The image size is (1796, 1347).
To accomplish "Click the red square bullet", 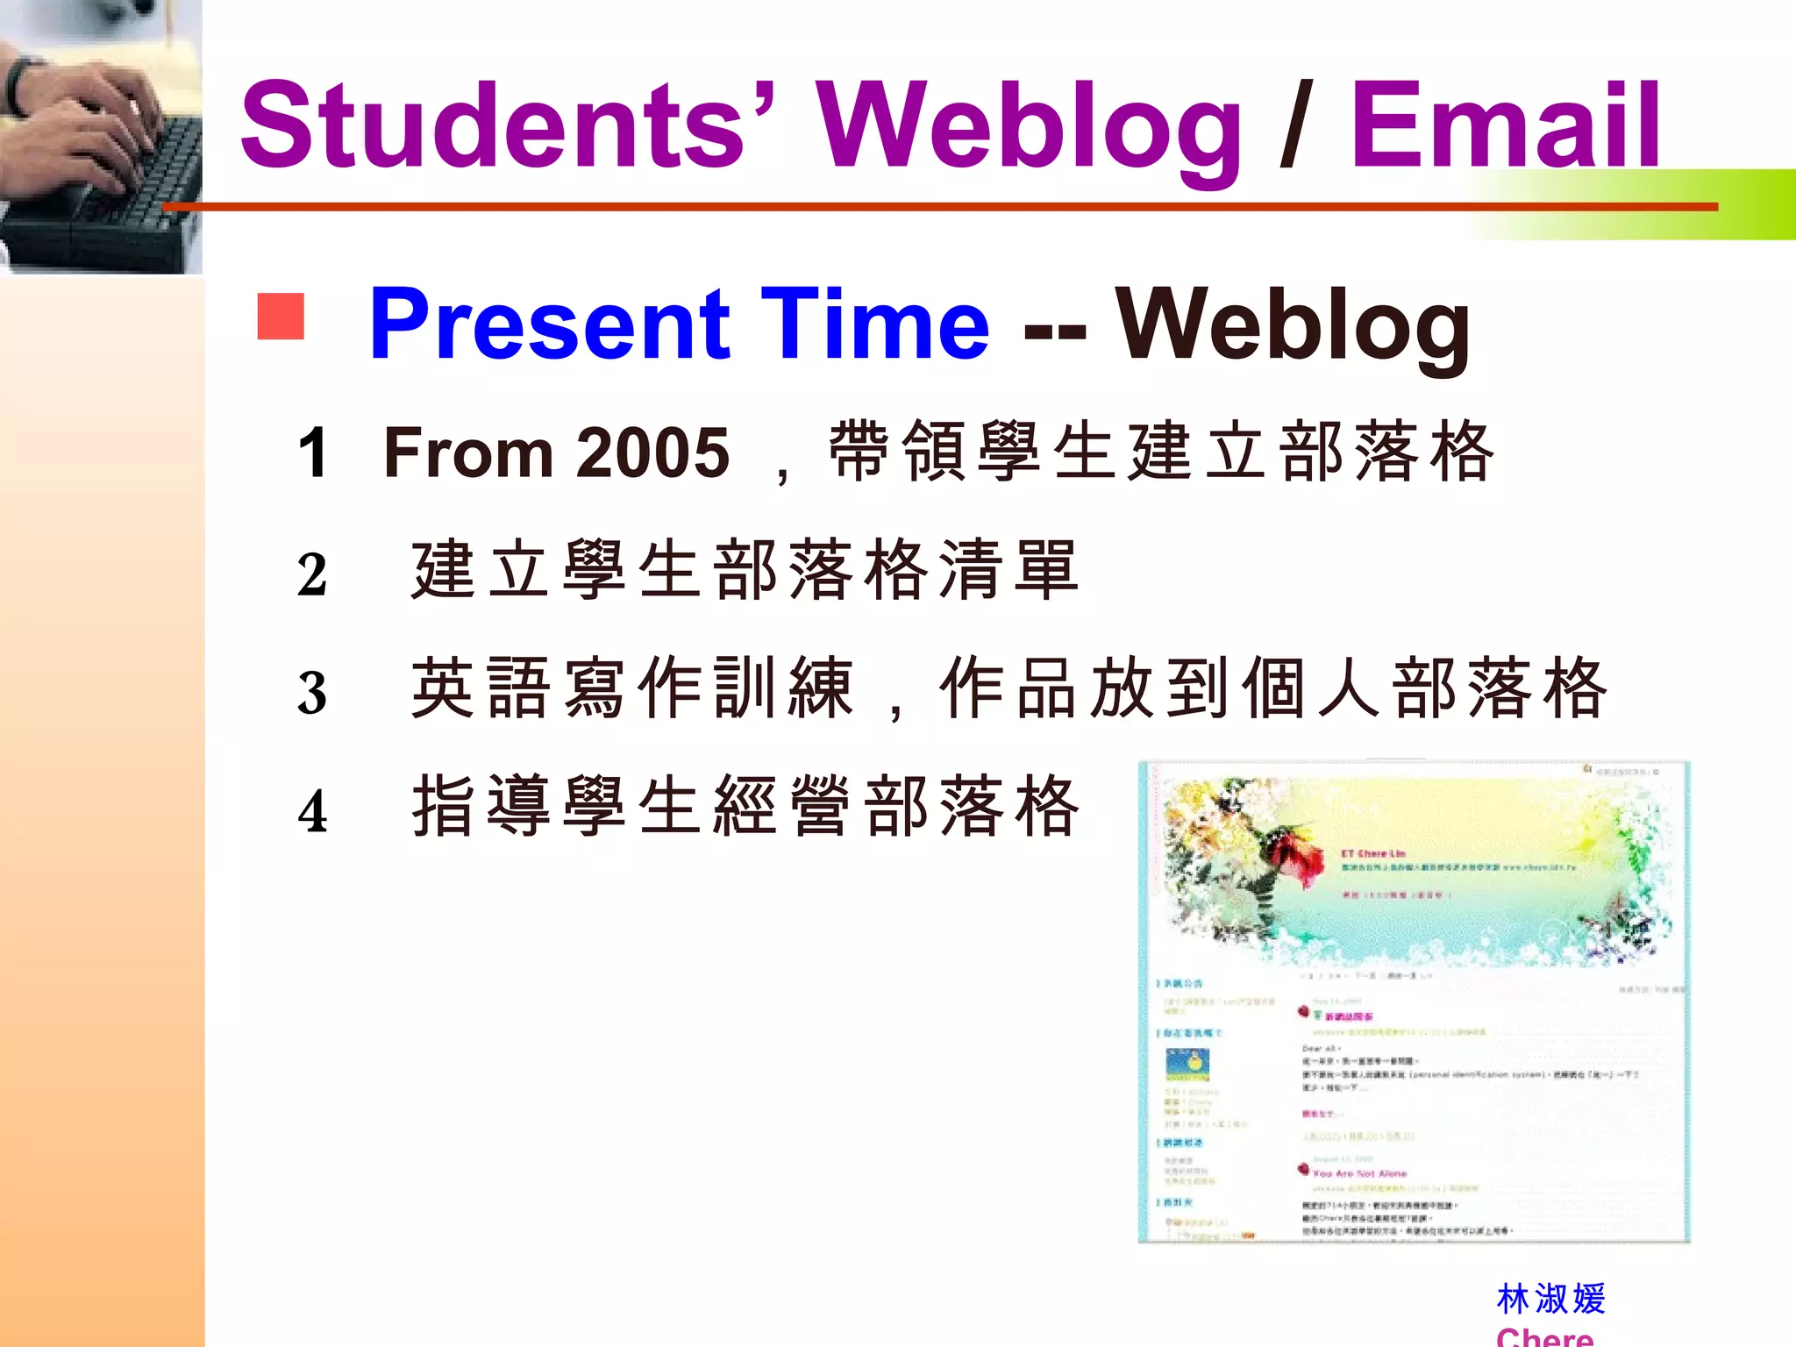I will (281, 316).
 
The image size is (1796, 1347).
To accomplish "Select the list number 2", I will (312, 575).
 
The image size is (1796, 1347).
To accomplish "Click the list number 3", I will (312, 693).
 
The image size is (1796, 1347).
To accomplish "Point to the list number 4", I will (312, 811).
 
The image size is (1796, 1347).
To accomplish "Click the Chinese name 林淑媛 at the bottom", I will (1550, 1299).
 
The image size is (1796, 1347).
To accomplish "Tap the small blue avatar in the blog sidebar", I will (1187, 1064).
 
